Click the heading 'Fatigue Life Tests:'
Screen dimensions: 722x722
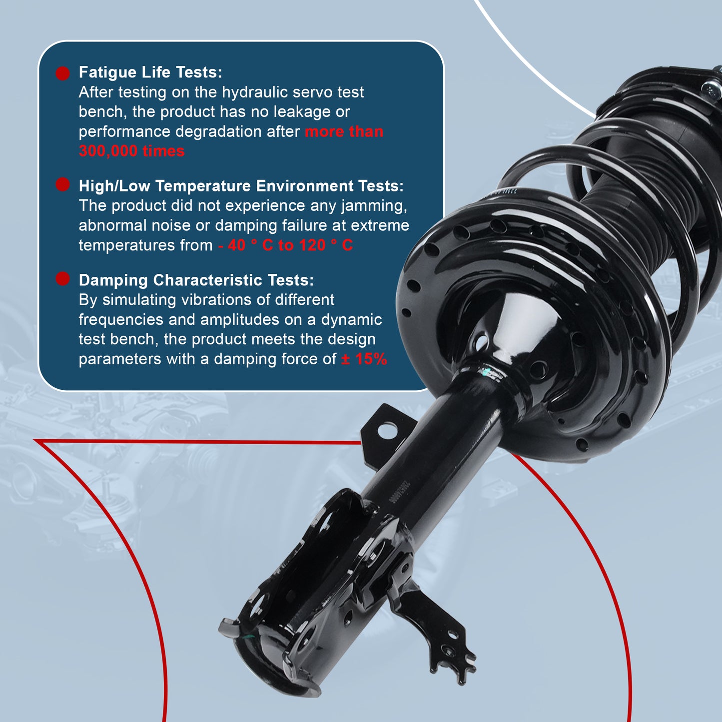[150, 72]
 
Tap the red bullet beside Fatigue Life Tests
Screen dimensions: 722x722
[62, 73]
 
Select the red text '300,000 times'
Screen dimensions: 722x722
[131, 151]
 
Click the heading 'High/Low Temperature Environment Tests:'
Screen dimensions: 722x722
[241, 186]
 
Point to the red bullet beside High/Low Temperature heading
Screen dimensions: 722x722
[62, 184]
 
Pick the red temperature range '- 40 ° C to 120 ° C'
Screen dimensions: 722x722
[285, 245]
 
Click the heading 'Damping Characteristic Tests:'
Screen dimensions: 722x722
[196, 280]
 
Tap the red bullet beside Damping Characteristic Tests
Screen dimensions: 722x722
[62, 279]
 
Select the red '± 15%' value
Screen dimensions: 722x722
[364, 359]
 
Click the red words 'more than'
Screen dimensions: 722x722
[344, 132]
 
